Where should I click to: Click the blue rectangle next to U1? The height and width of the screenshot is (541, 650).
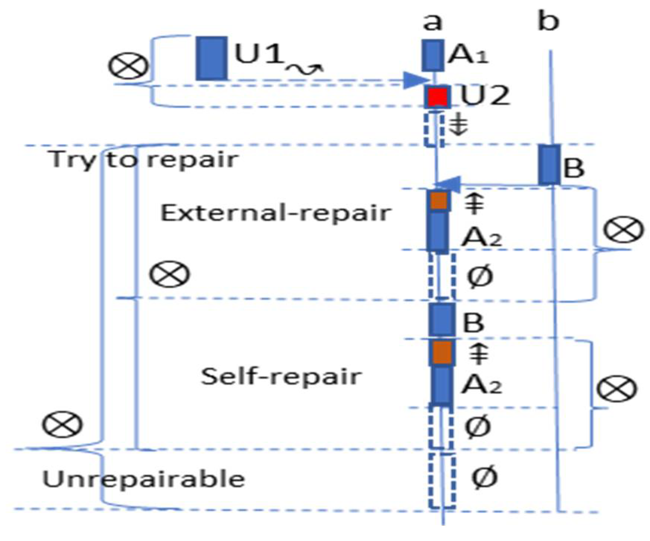(211, 58)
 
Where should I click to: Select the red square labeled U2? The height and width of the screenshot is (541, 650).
(437, 97)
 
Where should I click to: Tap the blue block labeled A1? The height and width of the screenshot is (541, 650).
(433, 55)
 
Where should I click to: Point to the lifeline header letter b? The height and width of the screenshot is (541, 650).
(548, 21)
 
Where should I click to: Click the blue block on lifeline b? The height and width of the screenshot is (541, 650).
(549, 165)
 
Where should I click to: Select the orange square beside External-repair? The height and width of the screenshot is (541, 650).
(439, 201)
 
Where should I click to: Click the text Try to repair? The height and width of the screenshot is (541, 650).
(144, 160)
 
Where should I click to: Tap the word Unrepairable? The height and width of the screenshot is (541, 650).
(144, 479)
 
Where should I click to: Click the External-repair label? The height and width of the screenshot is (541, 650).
(275, 213)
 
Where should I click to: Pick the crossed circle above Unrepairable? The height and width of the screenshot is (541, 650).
(62, 425)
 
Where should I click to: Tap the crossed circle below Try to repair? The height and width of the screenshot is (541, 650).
(169, 274)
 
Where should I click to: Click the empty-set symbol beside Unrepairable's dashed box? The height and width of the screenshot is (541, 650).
(484, 477)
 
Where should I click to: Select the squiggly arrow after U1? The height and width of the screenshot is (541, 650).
(304, 69)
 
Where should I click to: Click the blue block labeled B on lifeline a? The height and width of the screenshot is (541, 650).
(442, 319)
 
